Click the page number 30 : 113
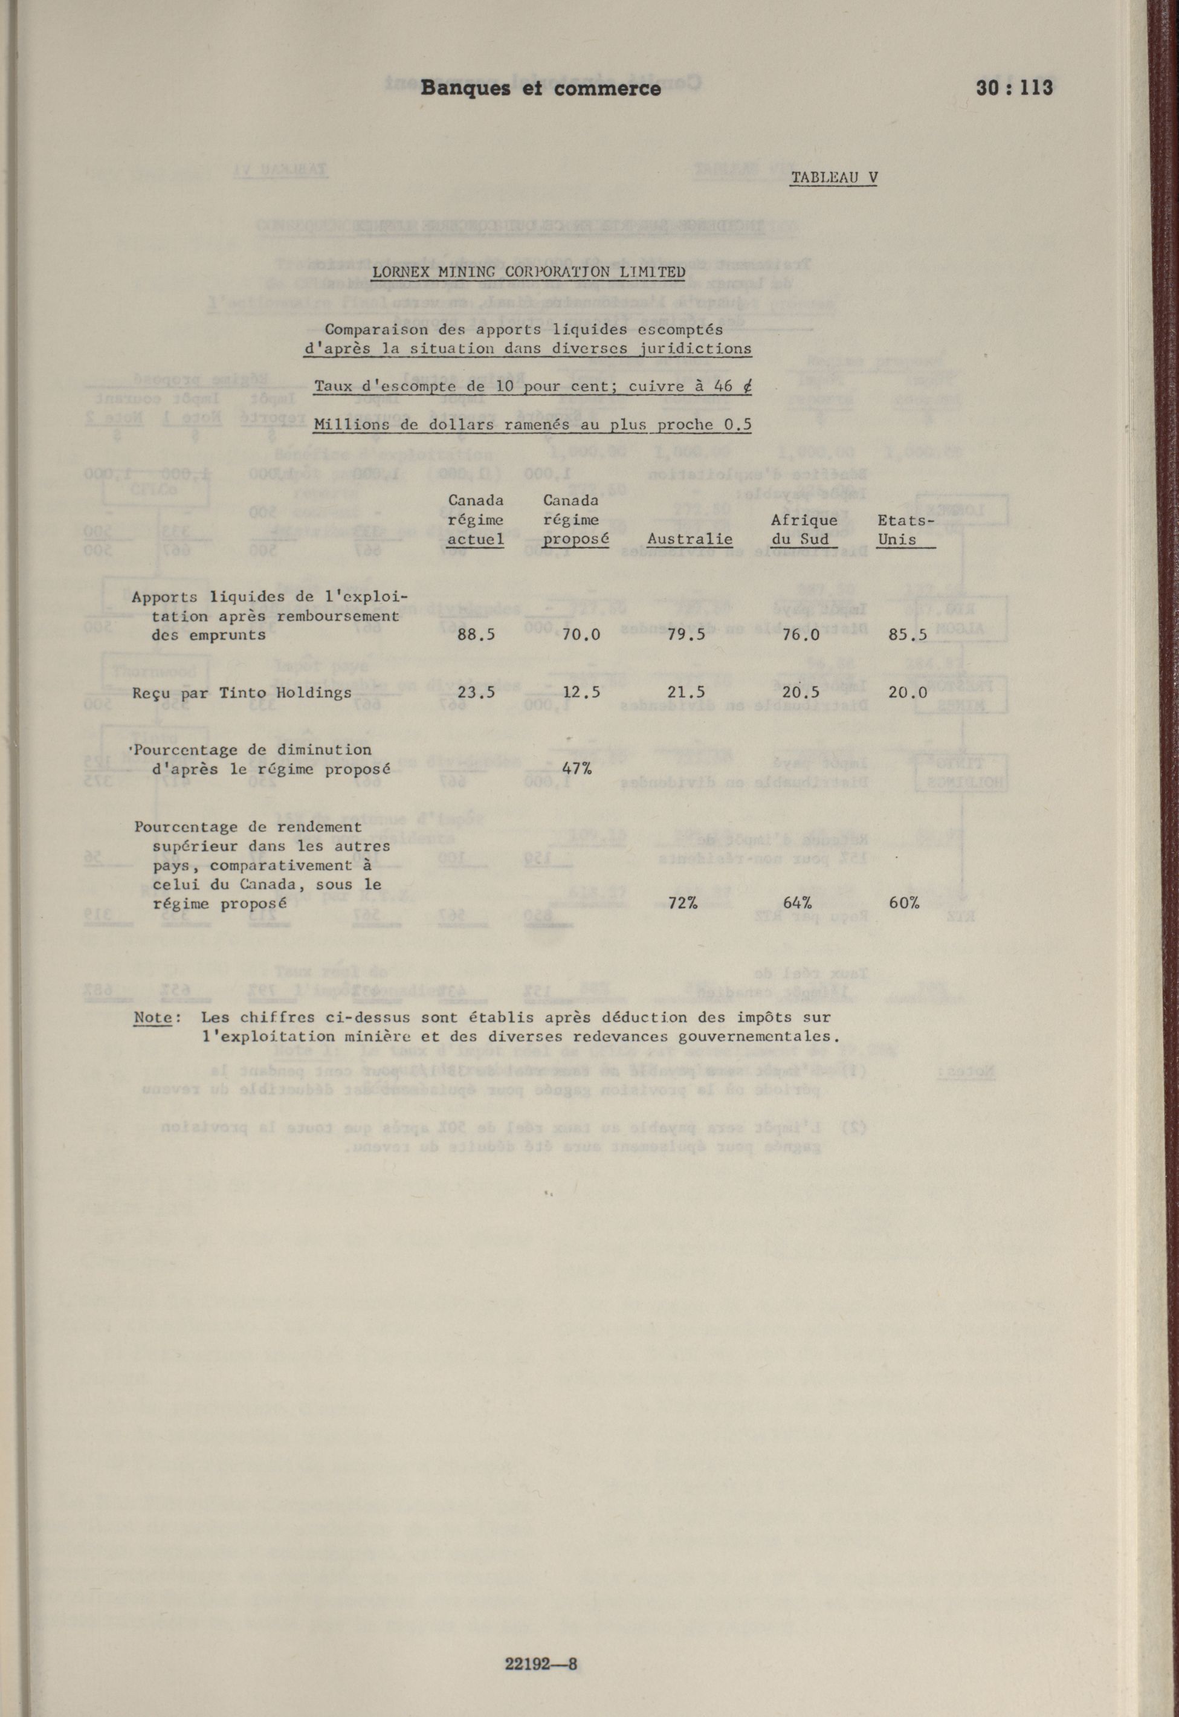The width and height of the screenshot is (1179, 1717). point(1013,88)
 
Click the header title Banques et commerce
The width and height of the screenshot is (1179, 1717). point(541,89)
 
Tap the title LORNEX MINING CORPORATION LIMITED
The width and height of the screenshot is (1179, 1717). point(528,272)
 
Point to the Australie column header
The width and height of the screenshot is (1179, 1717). point(690,539)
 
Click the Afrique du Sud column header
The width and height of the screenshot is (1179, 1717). point(804,530)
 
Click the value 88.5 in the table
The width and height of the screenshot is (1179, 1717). point(476,635)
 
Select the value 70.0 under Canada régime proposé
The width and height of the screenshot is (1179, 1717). point(581,635)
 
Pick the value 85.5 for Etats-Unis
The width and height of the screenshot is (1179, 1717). point(908,635)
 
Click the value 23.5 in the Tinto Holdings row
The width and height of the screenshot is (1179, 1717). point(476,693)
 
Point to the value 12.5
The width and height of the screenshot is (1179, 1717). point(581,693)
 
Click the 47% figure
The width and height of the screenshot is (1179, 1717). point(576,769)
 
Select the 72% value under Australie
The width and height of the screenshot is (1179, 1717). point(683,903)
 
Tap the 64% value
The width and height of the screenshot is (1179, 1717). point(797,903)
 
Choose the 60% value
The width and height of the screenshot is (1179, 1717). point(904,903)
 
